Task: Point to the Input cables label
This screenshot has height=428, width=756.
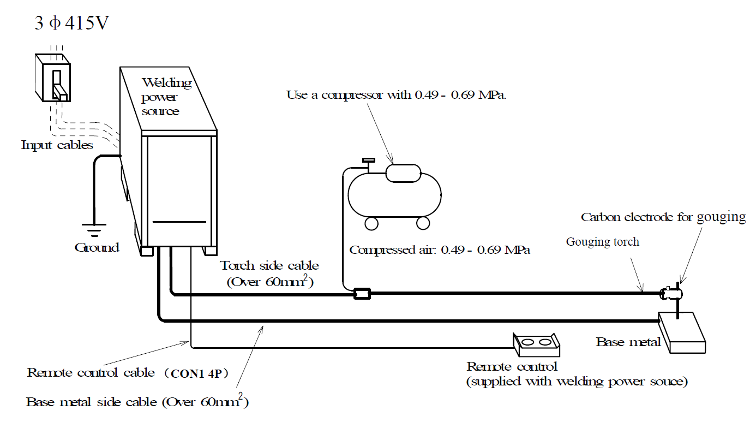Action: click(x=57, y=145)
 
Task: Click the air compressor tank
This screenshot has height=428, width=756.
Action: click(x=394, y=194)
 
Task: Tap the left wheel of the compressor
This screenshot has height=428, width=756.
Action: click(x=371, y=223)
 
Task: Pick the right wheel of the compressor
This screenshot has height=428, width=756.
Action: click(x=423, y=223)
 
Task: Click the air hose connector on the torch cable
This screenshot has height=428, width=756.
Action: click(x=362, y=294)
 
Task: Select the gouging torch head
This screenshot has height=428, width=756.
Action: click(x=670, y=293)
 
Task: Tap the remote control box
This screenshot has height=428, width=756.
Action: click(x=536, y=343)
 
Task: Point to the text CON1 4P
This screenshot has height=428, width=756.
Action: click(x=199, y=373)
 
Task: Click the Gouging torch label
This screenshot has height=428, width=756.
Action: click(x=602, y=241)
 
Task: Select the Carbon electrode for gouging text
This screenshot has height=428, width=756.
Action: click(x=663, y=217)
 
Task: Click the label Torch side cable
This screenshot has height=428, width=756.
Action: click(x=269, y=266)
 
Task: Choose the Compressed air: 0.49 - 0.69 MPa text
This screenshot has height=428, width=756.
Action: click(x=440, y=250)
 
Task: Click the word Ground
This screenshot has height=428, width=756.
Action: click(x=97, y=247)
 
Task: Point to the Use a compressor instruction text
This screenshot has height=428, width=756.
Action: click(x=397, y=95)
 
